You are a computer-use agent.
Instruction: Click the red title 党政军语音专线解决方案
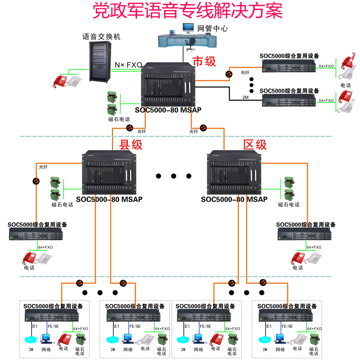[187, 11]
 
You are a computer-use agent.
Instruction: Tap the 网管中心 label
[212, 28]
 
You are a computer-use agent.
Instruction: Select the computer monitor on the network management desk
[188, 28]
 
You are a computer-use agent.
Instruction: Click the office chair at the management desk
[190, 43]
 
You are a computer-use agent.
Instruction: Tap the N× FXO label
[128, 65]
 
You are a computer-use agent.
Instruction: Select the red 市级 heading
[204, 61]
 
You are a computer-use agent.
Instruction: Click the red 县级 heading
[131, 145]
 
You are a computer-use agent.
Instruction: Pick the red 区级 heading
[255, 145]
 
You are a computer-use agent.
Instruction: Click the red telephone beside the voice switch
[60, 81]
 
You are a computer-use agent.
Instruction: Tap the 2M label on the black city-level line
[245, 97]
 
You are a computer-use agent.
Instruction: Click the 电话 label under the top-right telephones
[345, 85]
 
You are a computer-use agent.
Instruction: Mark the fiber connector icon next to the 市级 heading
[229, 74]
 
